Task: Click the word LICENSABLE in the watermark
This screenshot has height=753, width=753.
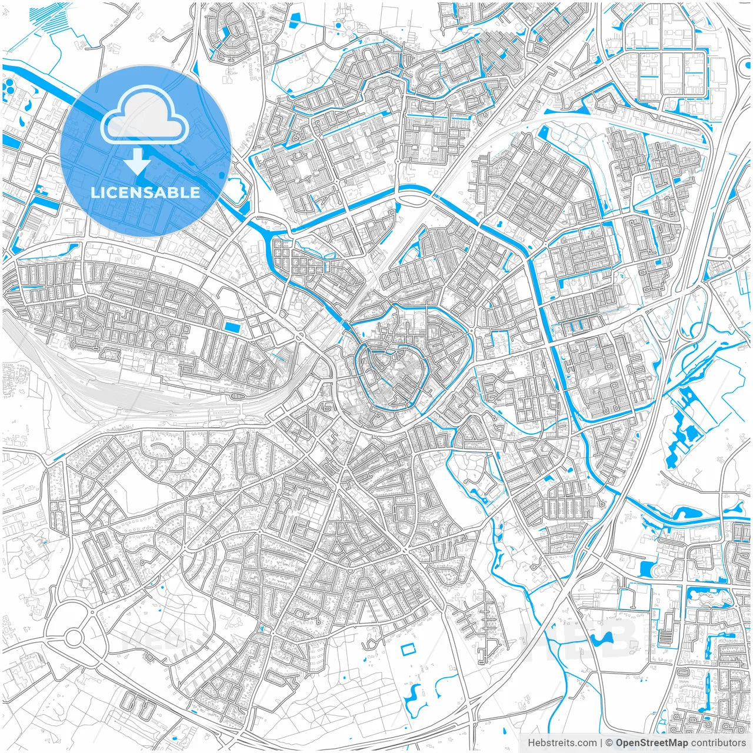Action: pyautogui.click(x=145, y=192)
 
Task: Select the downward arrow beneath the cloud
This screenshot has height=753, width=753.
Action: pyautogui.click(x=137, y=161)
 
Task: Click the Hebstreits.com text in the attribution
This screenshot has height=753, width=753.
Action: pyautogui.click(x=562, y=743)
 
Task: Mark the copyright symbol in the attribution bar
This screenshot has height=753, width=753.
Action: pyautogui.click(x=609, y=743)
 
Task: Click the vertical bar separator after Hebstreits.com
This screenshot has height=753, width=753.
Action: pyautogui.click(x=601, y=743)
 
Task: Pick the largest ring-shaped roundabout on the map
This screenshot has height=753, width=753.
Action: pyautogui.click(x=74, y=637)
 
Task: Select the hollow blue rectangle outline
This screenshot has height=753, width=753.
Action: pyautogui.click(x=407, y=649)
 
